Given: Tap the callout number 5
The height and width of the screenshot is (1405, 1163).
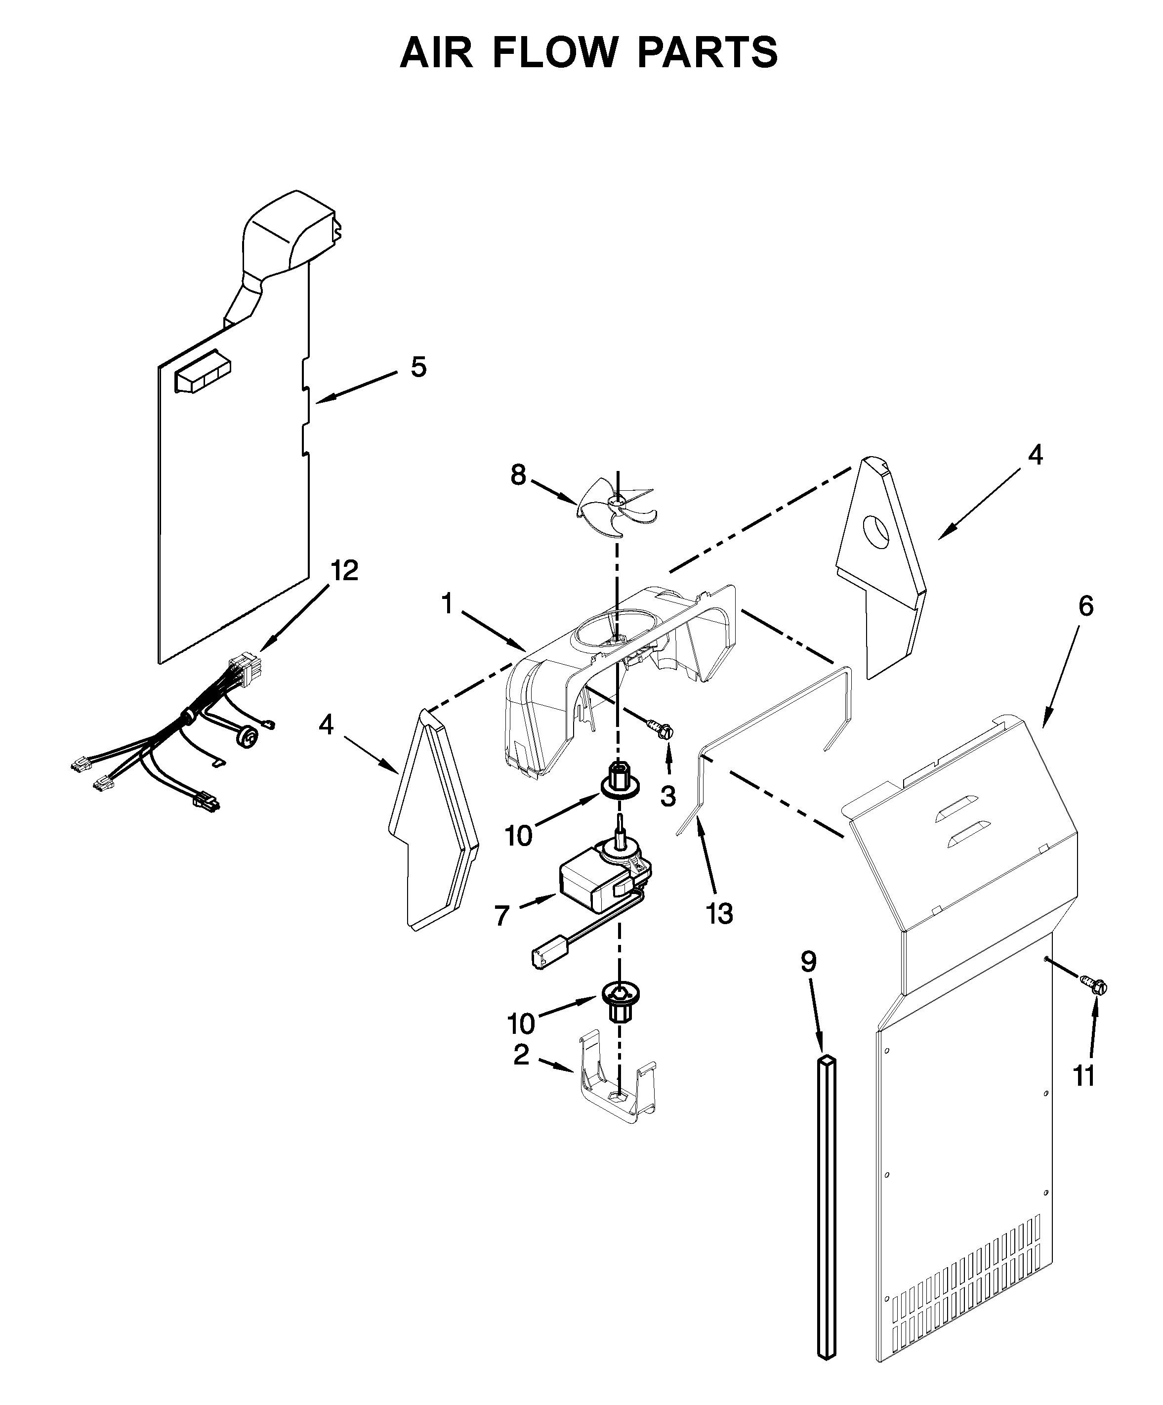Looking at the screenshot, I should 418,367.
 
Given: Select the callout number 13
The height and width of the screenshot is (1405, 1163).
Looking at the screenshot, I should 719,913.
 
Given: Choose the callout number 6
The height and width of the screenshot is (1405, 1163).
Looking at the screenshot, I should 1085,606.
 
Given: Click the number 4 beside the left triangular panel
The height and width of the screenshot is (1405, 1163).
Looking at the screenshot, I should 326,724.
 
